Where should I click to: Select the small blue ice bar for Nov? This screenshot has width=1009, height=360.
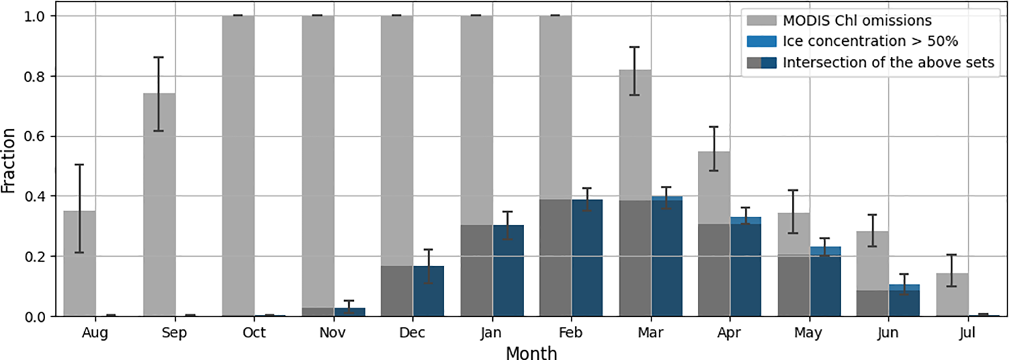[x=350, y=312]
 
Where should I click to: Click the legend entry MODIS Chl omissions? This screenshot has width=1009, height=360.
[x=856, y=21]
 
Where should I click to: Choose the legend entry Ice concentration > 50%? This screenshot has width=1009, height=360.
[x=869, y=41]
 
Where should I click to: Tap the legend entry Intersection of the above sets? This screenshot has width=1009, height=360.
[x=888, y=62]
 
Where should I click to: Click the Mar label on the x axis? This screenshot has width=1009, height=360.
[x=650, y=333]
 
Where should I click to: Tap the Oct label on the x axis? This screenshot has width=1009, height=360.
[x=254, y=333]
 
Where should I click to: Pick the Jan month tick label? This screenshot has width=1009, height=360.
[x=490, y=333]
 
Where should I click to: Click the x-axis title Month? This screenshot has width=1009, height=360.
[x=531, y=353]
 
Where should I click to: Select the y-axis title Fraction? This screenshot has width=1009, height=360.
[x=9, y=160]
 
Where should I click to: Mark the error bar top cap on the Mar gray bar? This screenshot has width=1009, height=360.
[x=634, y=47]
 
